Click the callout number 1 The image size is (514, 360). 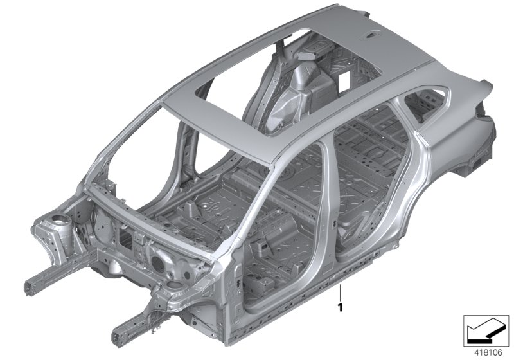[x=341, y=307]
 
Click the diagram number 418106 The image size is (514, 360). [x=488, y=353]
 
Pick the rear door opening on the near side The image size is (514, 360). [x=371, y=184]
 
